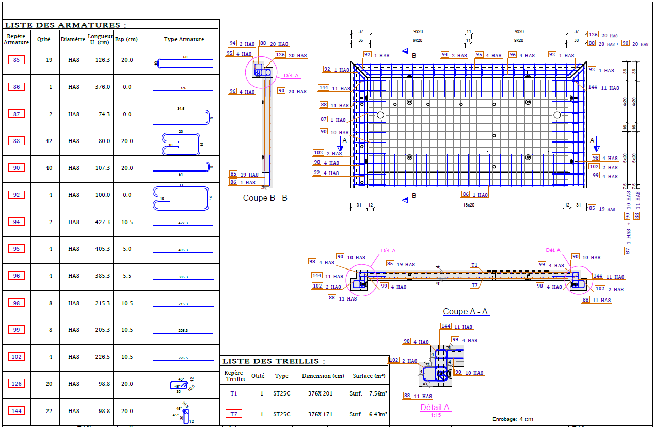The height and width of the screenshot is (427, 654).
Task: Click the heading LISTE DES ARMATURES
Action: pos(65,25)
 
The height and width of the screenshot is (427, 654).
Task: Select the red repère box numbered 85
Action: pos(17,60)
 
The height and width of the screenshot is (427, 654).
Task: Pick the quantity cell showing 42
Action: pos(51,141)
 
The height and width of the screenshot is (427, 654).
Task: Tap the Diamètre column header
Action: pos(73,39)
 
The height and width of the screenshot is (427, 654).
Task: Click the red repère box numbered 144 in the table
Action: pos(17,411)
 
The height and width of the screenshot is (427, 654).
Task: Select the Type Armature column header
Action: pos(184,39)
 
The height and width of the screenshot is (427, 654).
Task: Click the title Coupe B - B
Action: pos(266,198)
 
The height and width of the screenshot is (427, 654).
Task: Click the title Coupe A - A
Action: pos(465,312)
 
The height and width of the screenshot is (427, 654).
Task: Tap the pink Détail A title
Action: pos(435,407)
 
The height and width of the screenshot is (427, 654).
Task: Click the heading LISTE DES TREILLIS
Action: pos(274,361)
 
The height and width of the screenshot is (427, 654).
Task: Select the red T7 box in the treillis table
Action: pos(234,414)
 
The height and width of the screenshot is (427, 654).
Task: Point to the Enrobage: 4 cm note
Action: pos(514,419)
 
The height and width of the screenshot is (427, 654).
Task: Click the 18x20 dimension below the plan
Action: pos(468,205)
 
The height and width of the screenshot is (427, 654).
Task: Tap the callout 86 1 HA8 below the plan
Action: pos(475,195)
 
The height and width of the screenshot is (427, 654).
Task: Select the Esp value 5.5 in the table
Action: pos(127,276)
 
